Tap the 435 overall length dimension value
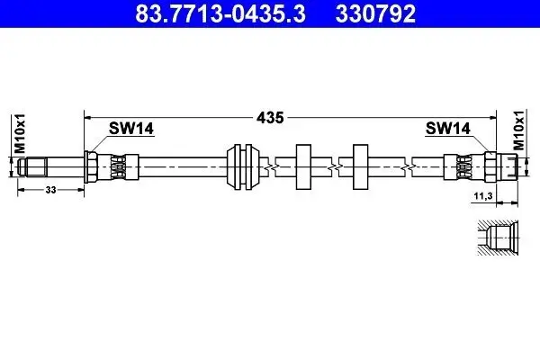click(x=271, y=117)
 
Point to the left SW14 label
click(x=131, y=130)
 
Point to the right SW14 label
click(x=448, y=130)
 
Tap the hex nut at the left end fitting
click(x=92, y=166)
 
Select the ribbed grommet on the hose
click(x=242, y=166)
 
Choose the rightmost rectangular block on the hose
click(x=362, y=166)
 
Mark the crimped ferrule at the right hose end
click(x=463, y=166)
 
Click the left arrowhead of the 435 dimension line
click(x=88, y=116)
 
